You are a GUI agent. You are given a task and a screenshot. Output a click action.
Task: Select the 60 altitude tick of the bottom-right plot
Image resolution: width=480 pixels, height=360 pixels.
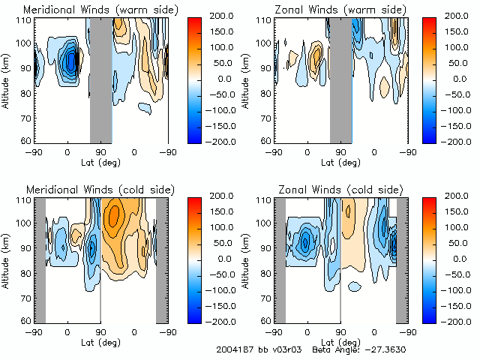tap(266, 321)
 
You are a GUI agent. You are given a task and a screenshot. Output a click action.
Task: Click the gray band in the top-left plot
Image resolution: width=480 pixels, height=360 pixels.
tap(100, 79)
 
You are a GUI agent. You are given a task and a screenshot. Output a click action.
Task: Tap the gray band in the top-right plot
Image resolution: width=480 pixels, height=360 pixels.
tap(341, 79)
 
